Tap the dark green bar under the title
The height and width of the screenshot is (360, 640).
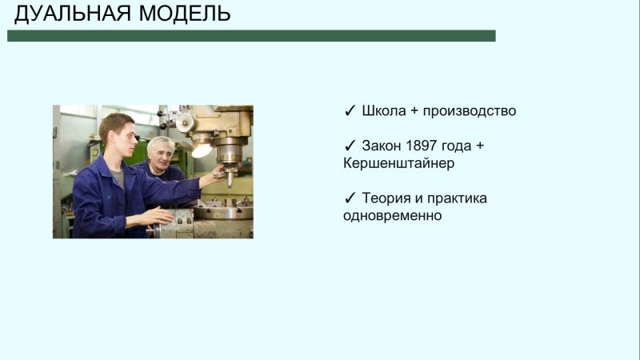251,36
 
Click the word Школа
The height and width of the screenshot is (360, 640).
384,111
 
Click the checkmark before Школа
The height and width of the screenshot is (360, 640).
350,111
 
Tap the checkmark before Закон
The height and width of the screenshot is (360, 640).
350,146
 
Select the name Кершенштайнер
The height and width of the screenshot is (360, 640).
398,163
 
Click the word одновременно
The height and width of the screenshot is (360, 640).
392,215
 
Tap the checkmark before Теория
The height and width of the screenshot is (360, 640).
350,198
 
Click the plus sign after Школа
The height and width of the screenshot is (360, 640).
414,111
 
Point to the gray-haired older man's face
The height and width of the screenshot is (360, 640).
162,152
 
